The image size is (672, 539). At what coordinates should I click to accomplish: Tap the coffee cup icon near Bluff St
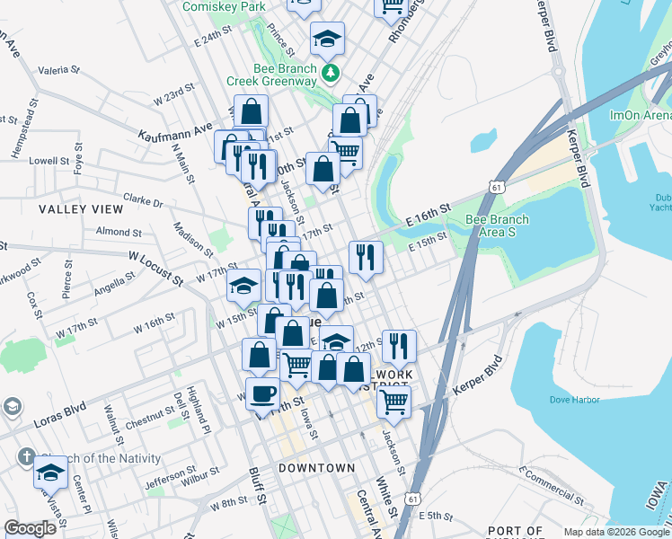[x=263, y=393]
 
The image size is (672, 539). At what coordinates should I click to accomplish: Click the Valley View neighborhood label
[x=81, y=208]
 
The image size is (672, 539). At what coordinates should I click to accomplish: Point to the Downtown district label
[x=316, y=468]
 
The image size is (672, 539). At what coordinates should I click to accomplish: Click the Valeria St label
[x=59, y=68]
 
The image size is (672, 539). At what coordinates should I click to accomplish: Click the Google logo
[x=30, y=528]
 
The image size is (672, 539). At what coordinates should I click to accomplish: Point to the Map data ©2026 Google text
[x=616, y=532]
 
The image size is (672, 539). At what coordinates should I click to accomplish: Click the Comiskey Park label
[x=224, y=6]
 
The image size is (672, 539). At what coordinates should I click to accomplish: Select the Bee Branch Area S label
[x=497, y=225]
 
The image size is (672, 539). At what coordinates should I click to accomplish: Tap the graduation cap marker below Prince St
[x=327, y=39]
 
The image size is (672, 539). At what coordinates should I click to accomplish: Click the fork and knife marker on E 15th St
[x=366, y=257]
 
